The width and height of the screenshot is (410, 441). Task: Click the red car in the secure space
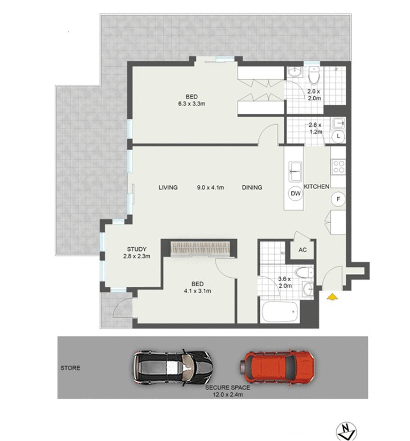[x=277, y=366]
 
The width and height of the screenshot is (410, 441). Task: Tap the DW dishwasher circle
[x=295, y=194]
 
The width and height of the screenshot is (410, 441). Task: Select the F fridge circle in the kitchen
[x=337, y=200]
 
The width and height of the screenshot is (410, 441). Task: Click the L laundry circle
[x=338, y=136]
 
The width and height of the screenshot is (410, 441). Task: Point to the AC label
[x=303, y=250]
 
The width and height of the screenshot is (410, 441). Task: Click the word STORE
[x=70, y=368]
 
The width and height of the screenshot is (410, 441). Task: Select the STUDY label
[x=136, y=249]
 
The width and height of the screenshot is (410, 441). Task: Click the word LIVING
[x=168, y=187]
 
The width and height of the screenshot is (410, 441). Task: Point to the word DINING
[x=252, y=187]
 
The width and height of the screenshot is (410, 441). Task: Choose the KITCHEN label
[x=316, y=186]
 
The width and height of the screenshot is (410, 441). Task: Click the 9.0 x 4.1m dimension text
[x=210, y=187]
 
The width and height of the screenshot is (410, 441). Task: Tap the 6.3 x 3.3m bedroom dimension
[x=191, y=104]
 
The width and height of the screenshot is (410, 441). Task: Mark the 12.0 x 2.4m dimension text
[x=227, y=395]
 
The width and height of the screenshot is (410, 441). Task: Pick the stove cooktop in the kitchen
[x=338, y=167]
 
